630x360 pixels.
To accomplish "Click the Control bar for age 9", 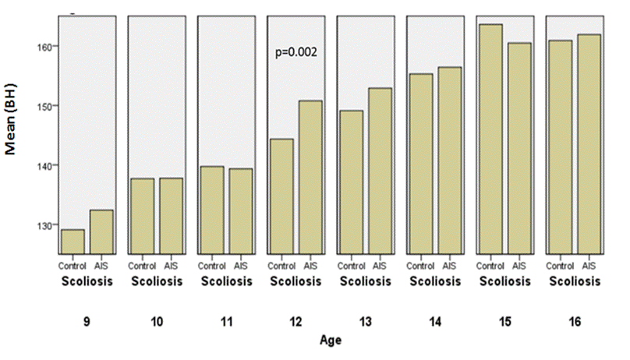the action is pyautogui.click(x=73, y=242).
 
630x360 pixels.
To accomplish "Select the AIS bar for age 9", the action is pyautogui.click(x=101, y=232).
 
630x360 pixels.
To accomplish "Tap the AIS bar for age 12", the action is pyautogui.click(x=310, y=178).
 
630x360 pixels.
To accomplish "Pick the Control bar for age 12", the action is pyautogui.click(x=281, y=196).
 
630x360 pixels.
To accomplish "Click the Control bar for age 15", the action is pyautogui.click(x=490, y=139).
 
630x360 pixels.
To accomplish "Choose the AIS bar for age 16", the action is pyautogui.click(x=589, y=144).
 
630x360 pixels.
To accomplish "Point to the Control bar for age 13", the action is pyautogui.click(x=352, y=182).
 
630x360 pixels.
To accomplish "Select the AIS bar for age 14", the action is pyautogui.click(x=450, y=161).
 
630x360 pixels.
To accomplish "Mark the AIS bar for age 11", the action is pyautogui.click(x=241, y=211).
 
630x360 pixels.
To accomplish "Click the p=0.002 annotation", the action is pyautogui.click(x=296, y=52).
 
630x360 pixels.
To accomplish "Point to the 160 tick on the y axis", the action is pyautogui.click(x=46, y=47).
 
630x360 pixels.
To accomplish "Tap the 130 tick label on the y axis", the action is pyautogui.click(x=46, y=225).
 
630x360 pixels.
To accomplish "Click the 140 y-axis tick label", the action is pyautogui.click(x=46, y=165).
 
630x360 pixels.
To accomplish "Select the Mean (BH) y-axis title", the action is pyautogui.click(x=11, y=118).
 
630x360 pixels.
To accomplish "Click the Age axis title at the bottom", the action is pyautogui.click(x=331, y=341).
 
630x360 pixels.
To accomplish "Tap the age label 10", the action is pyautogui.click(x=157, y=322).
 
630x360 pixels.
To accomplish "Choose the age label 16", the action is pyautogui.click(x=575, y=322).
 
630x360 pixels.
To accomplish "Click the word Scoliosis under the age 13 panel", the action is pyautogui.click(x=366, y=281).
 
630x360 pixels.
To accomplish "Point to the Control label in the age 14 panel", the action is pyautogui.click(x=420, y=266).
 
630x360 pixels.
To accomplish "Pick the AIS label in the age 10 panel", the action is pyautogui.click(x=171, y=266).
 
